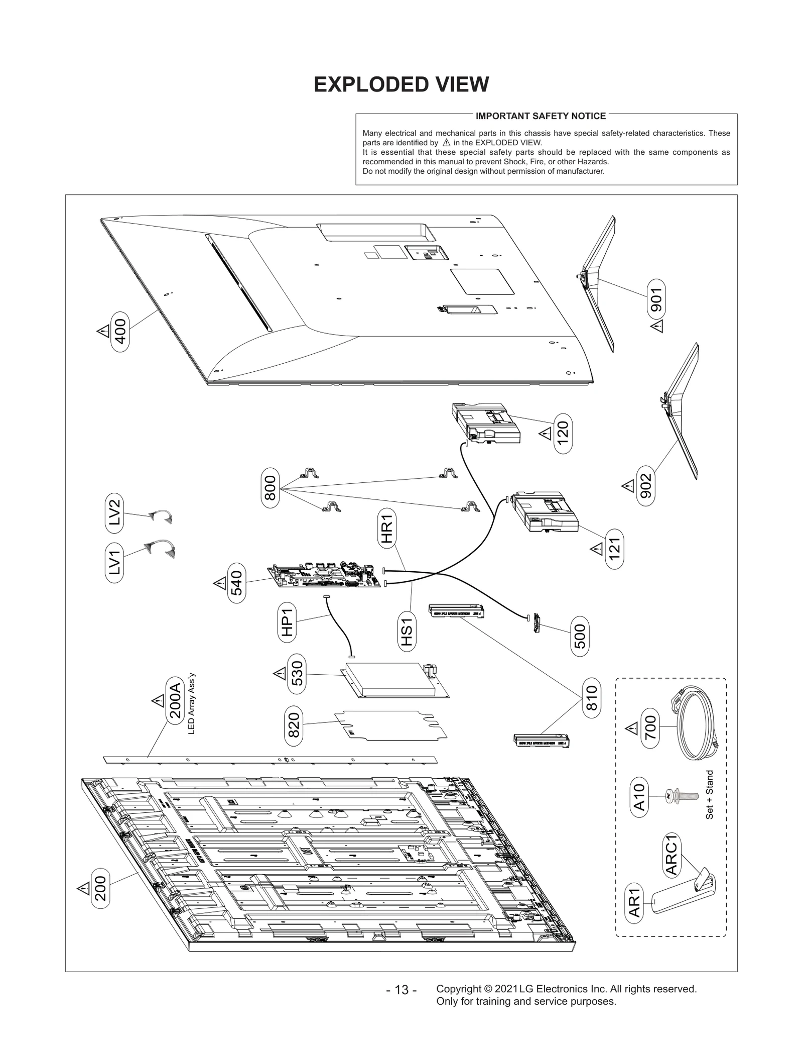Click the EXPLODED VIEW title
(x=401, y=85)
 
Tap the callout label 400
(x=120, y=332)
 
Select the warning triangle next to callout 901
(x=656, y=327)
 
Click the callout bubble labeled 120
(x=563, y=434)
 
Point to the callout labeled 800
(x=270, y=488)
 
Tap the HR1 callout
(x=386, y=528)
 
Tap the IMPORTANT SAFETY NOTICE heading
(x=541, y=116)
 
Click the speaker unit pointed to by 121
(x=546, y=512)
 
